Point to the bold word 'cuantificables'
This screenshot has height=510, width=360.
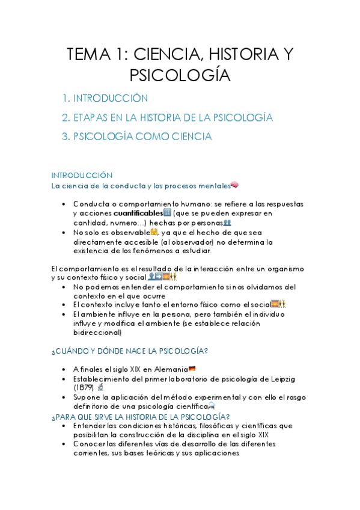pyautogui.click(x=138, y=213)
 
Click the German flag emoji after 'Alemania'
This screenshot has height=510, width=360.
pyautogui.click(x=192, y=369)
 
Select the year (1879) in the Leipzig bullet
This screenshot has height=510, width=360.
pyautogui.click(x=84, y=388)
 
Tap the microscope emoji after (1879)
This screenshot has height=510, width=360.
pyautogui.click(x=100, y=388)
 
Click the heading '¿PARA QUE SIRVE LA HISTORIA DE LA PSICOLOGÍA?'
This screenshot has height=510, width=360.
pyautogui.click(x=141, y=416)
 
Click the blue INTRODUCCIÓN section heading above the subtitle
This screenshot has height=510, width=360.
pyautogui.click(x=82, y=175)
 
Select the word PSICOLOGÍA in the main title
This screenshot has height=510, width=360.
pyautogui.click(x=180, y=75)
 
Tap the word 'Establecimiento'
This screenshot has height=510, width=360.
pyautogui.click(x=102, y=379)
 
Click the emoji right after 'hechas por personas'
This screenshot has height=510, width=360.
pyautogui.click(x=227, y=223)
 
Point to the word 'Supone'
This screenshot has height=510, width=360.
pyautogui.click(x=87, y=398)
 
